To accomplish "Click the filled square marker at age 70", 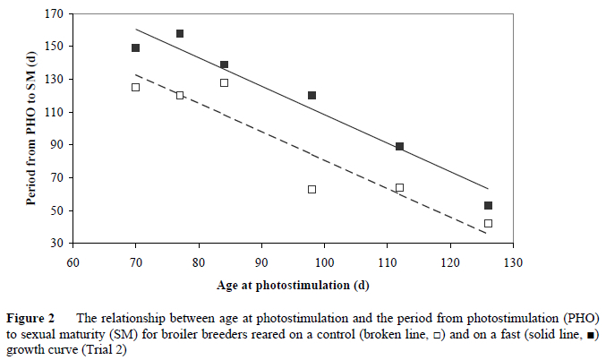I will coord(135,48).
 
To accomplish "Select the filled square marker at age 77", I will coord(180,34).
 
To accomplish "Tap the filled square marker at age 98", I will coord(312,95).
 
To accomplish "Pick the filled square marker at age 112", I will coord(399,146).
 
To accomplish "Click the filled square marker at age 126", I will coord(488,206).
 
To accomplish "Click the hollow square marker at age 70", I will coord(135,88).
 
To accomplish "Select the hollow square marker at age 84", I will coord(224,82).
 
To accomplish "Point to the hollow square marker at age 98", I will coord(312,189).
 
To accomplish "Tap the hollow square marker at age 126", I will coord(488,223).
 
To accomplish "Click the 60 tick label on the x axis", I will coord(73,262).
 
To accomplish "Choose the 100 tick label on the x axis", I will coord(324,262).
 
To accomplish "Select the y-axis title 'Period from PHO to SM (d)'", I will coord(30,128).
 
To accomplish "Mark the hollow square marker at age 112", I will coord(399,188).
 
